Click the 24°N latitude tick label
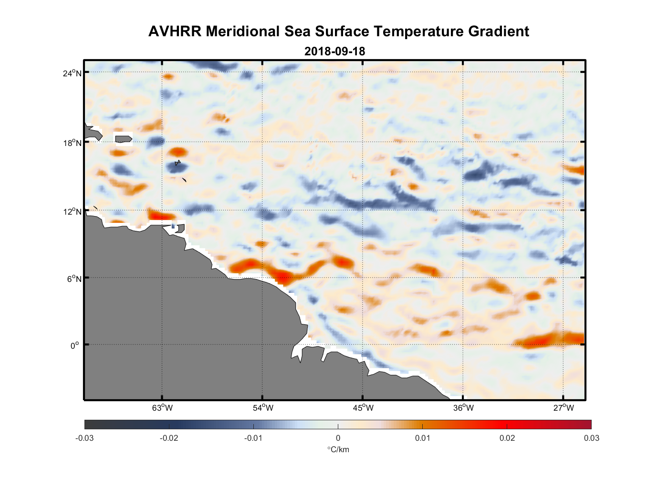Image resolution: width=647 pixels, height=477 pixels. (72, 73)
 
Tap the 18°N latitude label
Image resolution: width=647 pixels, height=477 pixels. (72, 143)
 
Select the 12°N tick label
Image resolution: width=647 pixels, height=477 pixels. (72, 212)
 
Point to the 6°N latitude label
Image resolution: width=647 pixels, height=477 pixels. (73, 279)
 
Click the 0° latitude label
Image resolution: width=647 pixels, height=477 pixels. (74, 345)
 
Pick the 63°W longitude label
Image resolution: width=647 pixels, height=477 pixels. (162, 408)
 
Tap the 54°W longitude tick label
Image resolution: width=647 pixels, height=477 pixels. (263, 408)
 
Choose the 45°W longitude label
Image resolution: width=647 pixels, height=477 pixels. (363, 408)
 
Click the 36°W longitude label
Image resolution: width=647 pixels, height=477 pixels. (463, 408)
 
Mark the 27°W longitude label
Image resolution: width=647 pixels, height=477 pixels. (564, 408)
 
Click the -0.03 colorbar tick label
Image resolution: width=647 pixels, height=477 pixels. (84, 438)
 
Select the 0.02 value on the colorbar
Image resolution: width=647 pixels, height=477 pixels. (507, 438)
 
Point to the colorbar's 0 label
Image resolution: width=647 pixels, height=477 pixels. (338, 438)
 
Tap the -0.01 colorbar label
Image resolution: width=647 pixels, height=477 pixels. (253, 438)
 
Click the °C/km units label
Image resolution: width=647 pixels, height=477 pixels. (338, 449)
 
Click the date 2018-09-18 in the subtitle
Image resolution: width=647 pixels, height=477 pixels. (334, 52)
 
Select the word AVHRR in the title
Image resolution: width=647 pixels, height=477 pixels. (175, 31)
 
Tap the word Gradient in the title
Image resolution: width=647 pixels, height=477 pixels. (498, 31)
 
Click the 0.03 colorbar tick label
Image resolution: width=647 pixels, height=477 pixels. (591, 438)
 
